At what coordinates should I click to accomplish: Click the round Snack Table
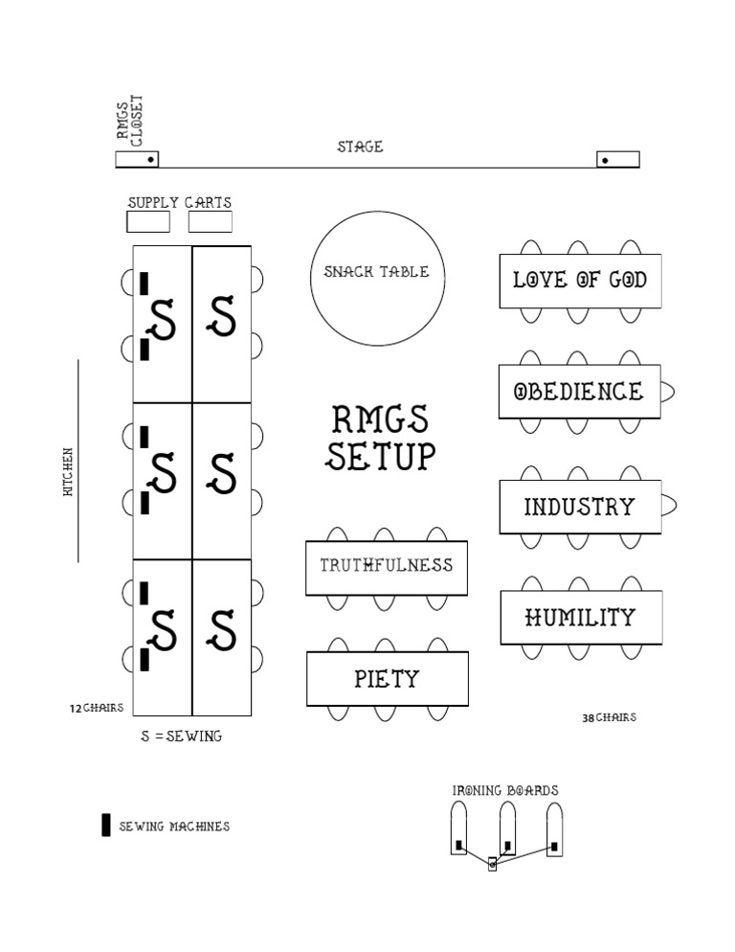pos(369,278)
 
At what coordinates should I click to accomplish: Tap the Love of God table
pos(579,281)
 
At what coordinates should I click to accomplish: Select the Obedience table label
pos(579,392)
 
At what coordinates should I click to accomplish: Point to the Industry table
pos(579,507)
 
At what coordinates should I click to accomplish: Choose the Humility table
pos(580,618)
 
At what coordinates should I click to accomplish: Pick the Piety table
pos(387,679)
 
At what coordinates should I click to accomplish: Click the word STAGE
pos(360,147)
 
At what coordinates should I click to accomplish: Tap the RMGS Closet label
pos(129,121)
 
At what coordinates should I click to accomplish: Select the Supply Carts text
pos(180,202)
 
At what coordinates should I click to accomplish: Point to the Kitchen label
pos(68,471)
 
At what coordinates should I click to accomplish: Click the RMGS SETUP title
pos(381,438)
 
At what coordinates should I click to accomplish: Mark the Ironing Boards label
pos(505,790)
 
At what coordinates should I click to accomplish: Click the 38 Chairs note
pos(609,717)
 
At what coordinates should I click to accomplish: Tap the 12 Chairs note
pos(96,709)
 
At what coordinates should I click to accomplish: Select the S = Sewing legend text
pos(181,736)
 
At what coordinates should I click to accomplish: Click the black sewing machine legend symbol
pos(106,825)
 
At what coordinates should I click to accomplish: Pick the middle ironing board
pos(507,828)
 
